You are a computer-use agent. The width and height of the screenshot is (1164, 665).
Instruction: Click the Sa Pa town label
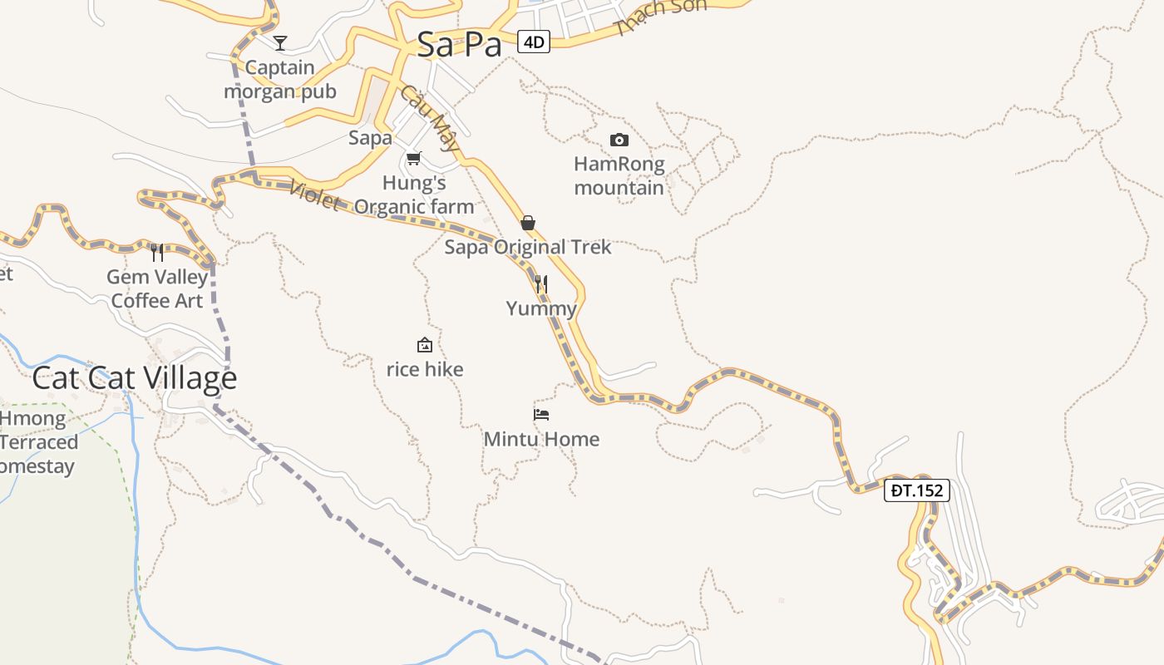pos(459,44)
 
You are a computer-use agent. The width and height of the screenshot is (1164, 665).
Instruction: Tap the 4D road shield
pos(534,41)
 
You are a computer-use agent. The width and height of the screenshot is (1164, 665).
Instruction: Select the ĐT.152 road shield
pos(917,490)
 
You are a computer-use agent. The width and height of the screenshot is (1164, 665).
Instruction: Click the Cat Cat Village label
pos(135,378)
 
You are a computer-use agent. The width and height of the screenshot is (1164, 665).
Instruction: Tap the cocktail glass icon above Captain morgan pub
pos(280,42)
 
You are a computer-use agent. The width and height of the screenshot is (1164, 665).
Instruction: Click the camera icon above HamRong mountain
pos(619,140)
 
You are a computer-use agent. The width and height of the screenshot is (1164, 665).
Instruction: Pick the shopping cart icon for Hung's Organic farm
pos(413,158)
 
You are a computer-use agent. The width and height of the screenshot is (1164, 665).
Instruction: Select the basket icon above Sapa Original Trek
pos(527,223)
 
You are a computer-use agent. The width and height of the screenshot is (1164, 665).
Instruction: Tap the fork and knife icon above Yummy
pos(541,284)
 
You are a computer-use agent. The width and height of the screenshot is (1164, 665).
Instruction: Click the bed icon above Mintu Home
pos(541,414)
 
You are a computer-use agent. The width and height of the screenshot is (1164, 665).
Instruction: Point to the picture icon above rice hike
pos(425,345)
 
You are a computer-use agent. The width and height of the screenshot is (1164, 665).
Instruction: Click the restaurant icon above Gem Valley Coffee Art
pos(157,252)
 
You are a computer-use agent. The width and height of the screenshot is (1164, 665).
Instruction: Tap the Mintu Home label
pos(541,439)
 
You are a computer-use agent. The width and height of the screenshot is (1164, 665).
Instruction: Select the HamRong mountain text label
pos(619,175)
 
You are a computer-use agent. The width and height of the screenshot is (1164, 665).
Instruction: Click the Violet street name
pos(315,196)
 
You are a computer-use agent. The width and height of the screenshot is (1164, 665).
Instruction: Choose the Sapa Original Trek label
pos(528,247)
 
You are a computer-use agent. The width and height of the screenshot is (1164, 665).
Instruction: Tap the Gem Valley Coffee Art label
pos(157,288)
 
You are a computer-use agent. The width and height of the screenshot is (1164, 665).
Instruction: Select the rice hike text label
pos(425,369)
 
